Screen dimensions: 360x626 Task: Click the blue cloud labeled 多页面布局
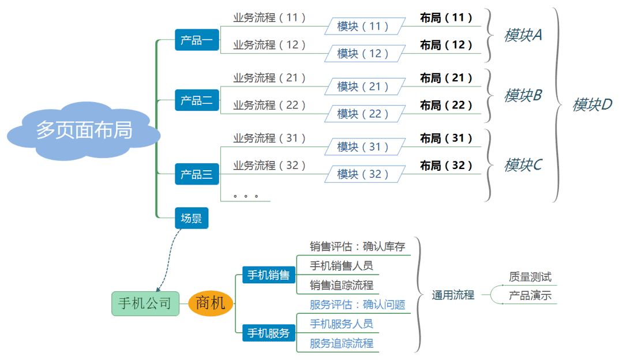(84, 130)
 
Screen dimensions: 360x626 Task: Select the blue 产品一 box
(197, 40)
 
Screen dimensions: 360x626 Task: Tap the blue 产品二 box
(197, 100)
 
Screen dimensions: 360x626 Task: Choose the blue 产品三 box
(197, 174)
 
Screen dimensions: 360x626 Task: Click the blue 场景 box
(191, 218)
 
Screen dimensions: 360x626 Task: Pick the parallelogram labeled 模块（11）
(363, 27)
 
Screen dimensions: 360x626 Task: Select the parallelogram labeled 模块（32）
(363, 174)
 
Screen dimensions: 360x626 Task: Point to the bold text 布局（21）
(446, 78)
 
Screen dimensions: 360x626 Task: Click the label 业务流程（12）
(269, 45)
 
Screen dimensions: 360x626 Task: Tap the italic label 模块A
(523, 35)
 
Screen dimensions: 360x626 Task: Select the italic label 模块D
(592, 104)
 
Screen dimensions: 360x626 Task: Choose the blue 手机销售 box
(268, 275)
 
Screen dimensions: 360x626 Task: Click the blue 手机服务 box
(268, 333)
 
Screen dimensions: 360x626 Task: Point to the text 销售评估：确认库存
(357, 247)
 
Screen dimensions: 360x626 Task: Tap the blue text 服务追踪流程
(342, 344)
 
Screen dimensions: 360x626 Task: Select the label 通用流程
(453, 295)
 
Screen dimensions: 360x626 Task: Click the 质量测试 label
(530, 277)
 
